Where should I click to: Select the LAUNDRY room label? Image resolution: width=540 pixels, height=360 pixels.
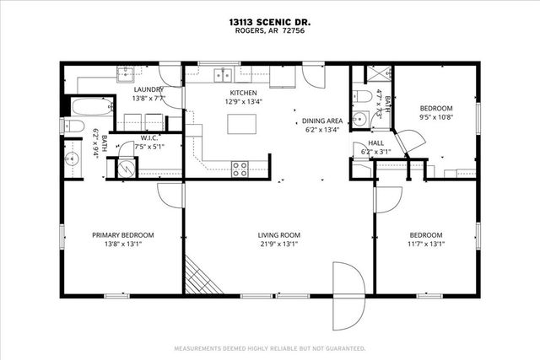click(148, 89)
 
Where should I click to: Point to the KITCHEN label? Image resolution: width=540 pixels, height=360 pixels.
click(243, 93)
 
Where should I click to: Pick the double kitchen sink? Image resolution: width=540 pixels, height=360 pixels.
click(224, 74)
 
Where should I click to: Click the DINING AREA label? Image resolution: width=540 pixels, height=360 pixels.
click(322, 121)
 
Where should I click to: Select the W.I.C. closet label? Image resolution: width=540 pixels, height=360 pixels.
click(150, 138)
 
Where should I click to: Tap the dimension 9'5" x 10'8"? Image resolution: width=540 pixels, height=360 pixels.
click(436, 117)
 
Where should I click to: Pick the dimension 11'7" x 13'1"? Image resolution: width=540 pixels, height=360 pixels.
click(426, 244)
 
